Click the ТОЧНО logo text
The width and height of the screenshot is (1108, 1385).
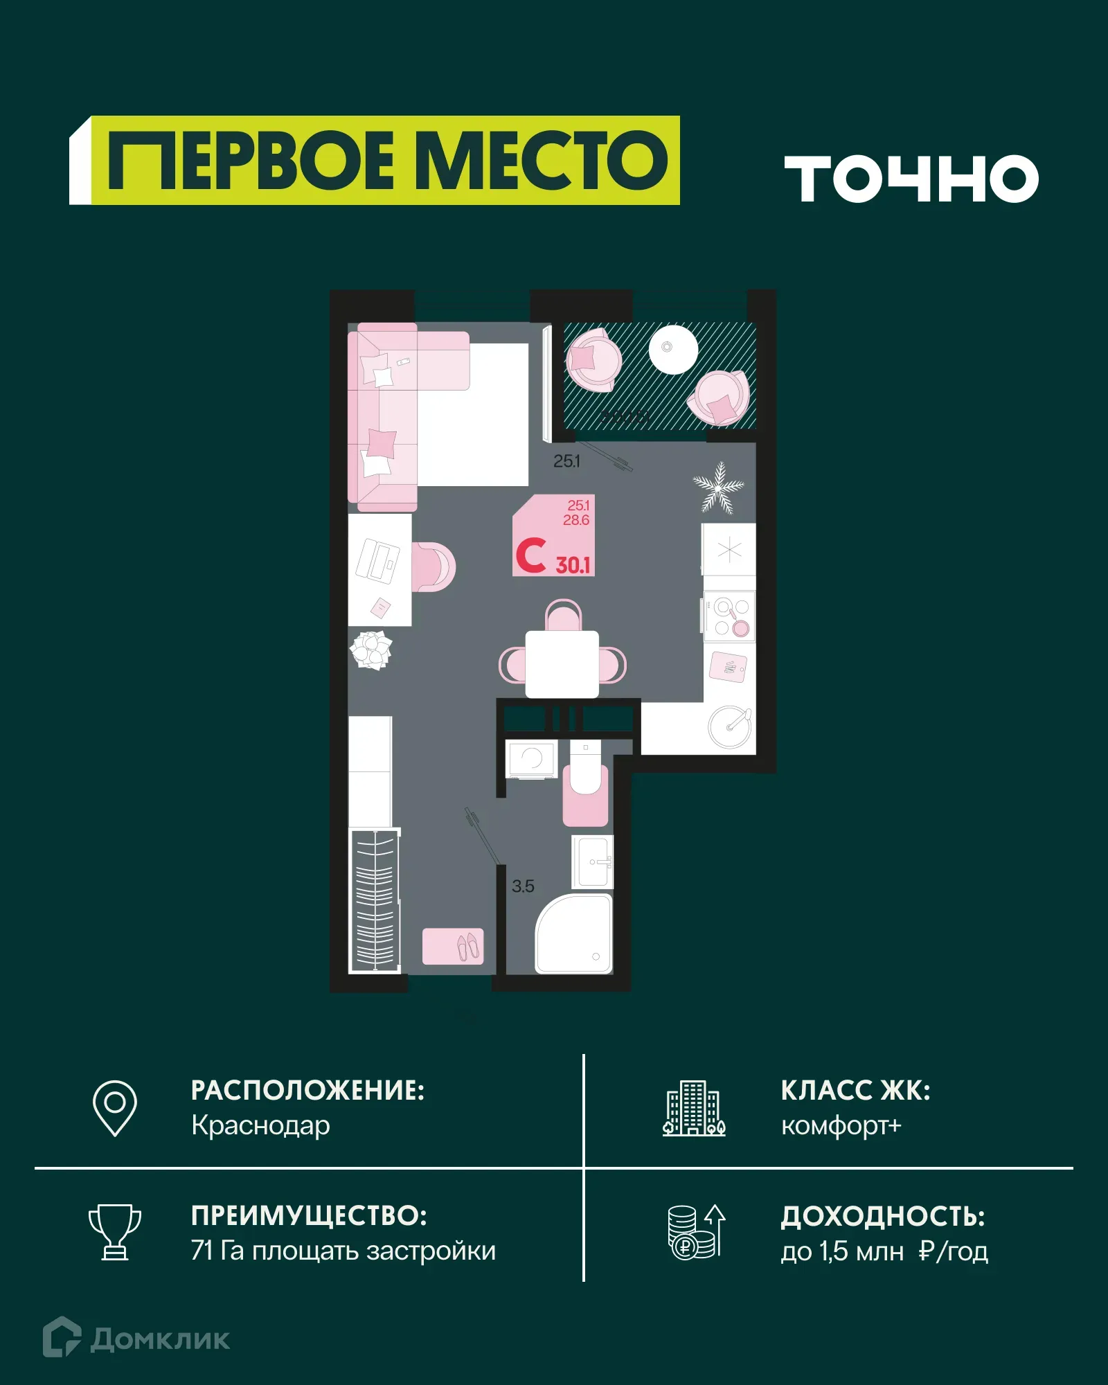point(911,179)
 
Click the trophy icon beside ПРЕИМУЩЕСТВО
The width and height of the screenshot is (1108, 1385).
point(115,1232)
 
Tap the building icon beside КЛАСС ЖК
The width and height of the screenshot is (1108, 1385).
point(694,1108)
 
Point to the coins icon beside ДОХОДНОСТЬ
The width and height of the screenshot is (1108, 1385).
point(695,1232)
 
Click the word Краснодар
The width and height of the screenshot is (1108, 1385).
point(260,1125)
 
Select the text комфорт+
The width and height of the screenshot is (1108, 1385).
point(841,1125)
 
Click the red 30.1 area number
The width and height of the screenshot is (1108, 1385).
point(573,565)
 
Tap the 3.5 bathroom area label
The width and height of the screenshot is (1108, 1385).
point(523,886)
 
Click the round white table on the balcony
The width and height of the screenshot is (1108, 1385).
point(672,349)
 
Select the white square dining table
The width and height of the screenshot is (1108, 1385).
point(562,664)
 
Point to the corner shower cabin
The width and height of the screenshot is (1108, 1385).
point(574,933)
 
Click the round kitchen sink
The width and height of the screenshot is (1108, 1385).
point(729,726)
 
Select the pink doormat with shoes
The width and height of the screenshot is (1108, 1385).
point(453,946)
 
